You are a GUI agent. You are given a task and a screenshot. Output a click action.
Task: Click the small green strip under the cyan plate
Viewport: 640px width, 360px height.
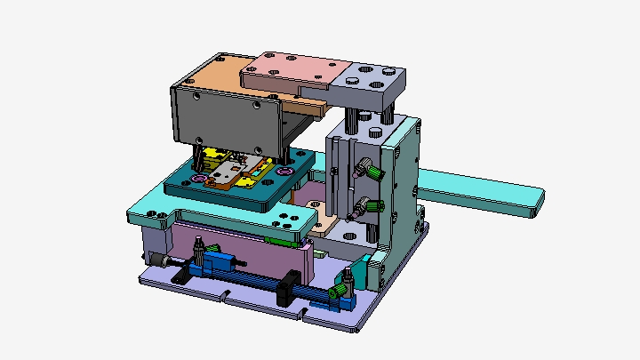point(282,238)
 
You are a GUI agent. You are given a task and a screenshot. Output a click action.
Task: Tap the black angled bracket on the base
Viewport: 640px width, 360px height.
point(179,276)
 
